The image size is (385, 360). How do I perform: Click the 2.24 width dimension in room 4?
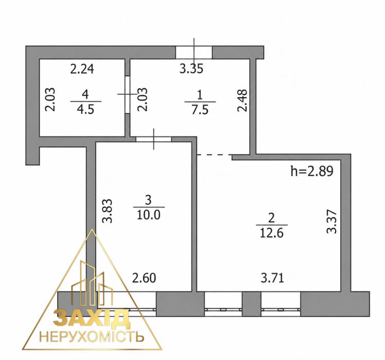(x=82, y=68)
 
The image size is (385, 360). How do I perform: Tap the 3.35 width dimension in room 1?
(x=191, y=68)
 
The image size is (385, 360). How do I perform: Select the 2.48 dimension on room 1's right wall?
(x=242, y=100)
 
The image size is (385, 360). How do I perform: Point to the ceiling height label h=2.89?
(x=312, y=171)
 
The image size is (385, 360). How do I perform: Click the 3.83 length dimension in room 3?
(x=107, y=211)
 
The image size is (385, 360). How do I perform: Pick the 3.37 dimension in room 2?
(x=331, y=221)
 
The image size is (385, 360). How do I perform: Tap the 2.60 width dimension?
(x=144, y=278)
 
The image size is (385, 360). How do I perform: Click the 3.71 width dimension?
(x=272, y=278)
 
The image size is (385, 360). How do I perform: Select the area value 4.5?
(x=85, y=109)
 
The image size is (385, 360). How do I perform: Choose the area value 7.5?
(x=200, y=110)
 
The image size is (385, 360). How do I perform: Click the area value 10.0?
(x=149, y=215)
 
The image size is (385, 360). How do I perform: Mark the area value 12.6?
(x=272, y=233)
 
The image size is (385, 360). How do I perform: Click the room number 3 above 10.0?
(x=148, y=200)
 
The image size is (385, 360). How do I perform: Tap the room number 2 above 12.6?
(x=271, y=218)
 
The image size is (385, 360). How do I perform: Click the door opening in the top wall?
(x=194, y=53)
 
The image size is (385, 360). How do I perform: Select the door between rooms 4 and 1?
(x=127, y=94)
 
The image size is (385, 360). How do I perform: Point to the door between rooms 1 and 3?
(x=154, y=140)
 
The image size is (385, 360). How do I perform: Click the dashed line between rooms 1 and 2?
(x=215, y=155)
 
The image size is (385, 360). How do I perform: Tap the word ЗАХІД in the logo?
(x=91, y=319)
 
